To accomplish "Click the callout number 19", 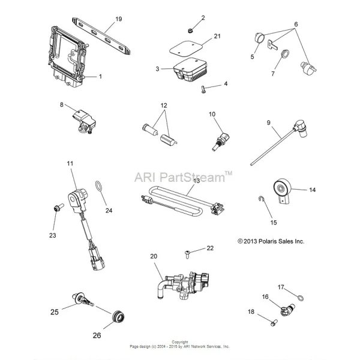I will click(118, 19).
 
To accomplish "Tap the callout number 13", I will click(196, 180).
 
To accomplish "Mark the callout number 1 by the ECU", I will click(100, 76).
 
